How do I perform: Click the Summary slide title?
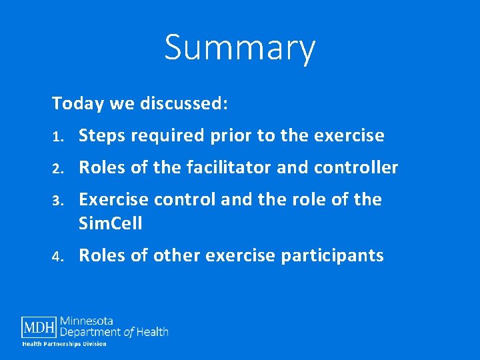click(x=240, y=48)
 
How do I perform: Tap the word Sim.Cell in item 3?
click(x=111, y=223)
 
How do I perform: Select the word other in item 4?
click(x=173, y=256)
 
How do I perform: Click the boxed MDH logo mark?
click(x=39, y=327)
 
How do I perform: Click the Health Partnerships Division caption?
click(x=64, y=343)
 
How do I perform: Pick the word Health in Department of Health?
click(x=153, y=331)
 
